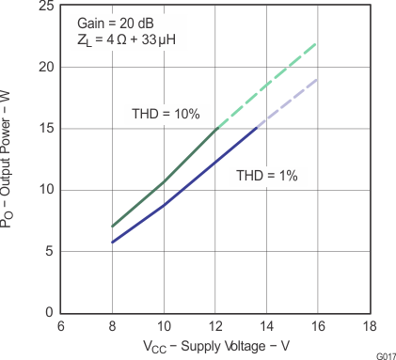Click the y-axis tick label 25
(x=44, y=7)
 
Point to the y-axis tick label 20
(x=44, y=67)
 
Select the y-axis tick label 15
(x=44, y=128)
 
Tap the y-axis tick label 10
(x=44, y=189)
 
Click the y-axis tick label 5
(x=48, y=251)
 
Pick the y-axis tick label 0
(x=48, y=312)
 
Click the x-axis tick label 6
(x=61, y=326)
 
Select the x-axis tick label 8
(x=113, y=326)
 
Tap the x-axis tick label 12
(x=215, y=326)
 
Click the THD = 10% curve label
(x=166, y=114)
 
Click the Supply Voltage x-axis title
(x=215, y=347)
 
